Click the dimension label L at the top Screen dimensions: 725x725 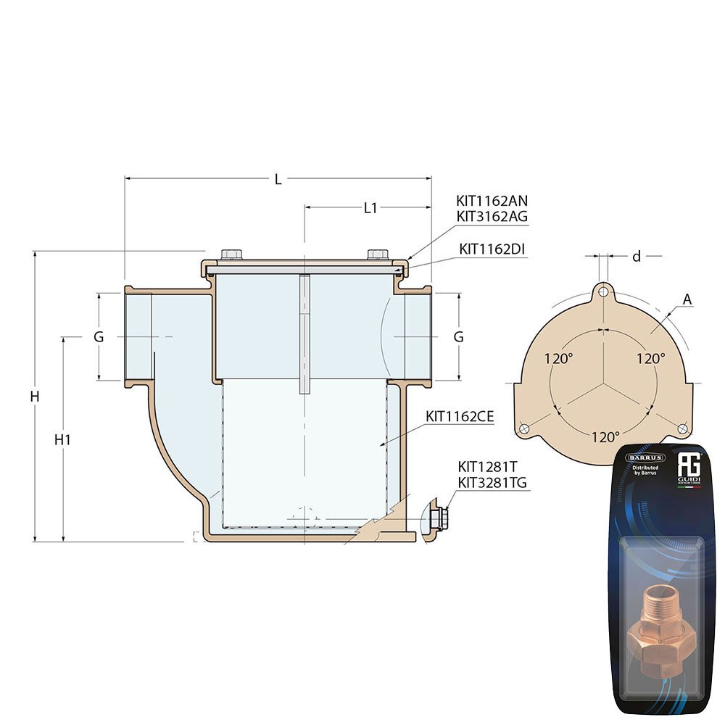278,179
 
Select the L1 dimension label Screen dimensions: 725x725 370,208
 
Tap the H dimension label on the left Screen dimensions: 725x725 34,397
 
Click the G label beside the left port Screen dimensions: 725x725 99,337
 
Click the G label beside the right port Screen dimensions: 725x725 458,337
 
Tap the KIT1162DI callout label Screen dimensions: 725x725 492,249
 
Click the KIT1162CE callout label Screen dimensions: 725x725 460,417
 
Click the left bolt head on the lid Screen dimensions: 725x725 231,254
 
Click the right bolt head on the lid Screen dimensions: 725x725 377,254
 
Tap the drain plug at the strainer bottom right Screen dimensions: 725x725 437,518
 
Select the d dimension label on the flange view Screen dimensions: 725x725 637,256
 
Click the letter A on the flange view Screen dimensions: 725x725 687,299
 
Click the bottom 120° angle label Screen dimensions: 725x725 605,437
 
